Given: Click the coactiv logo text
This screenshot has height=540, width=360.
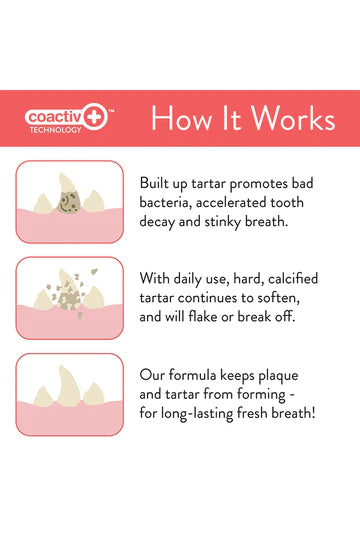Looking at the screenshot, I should coord(59,116).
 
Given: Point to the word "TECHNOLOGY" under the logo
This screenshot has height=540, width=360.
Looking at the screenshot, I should coord(56,130).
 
